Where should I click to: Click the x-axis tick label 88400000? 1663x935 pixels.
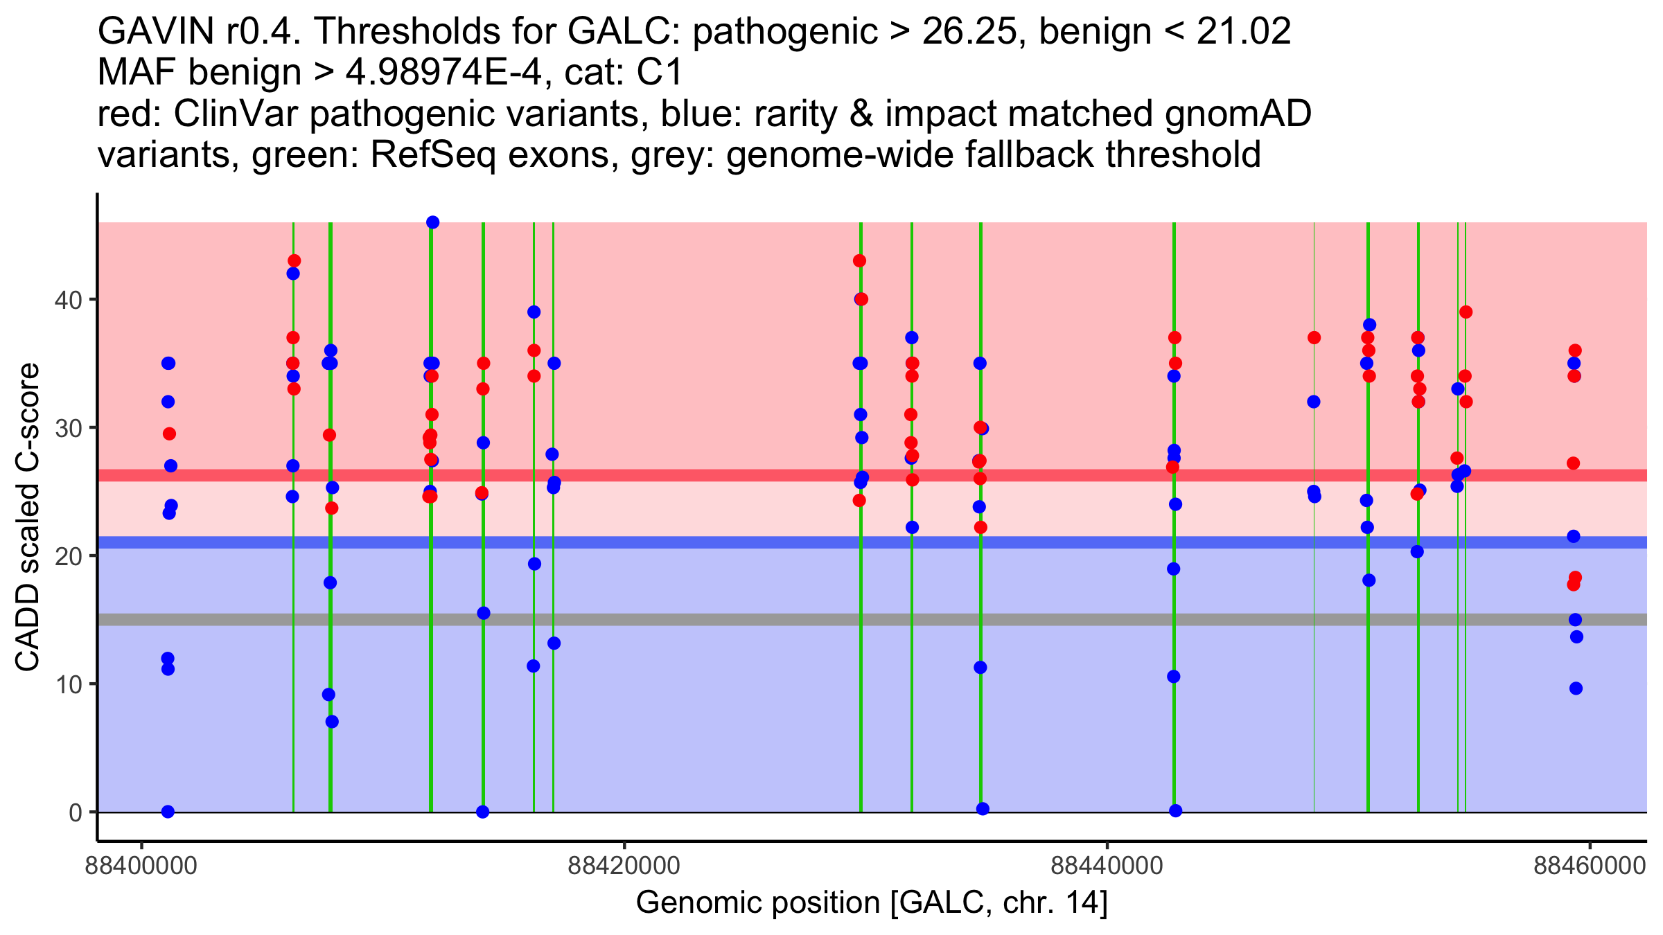click(x=141, y=866)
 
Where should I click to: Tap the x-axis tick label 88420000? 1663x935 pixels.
click(x=624, y=866)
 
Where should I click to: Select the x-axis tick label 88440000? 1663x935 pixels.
click(x=1107, y=866)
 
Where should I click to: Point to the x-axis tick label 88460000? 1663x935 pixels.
click(x=1589, y=866)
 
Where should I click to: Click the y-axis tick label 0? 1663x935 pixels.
click(x=75, y=812)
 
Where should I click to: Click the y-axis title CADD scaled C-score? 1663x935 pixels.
click(x=28, y=518)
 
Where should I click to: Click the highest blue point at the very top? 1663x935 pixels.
click(x=432, y=222)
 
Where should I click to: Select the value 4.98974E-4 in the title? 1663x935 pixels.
click(x=443, y=72)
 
